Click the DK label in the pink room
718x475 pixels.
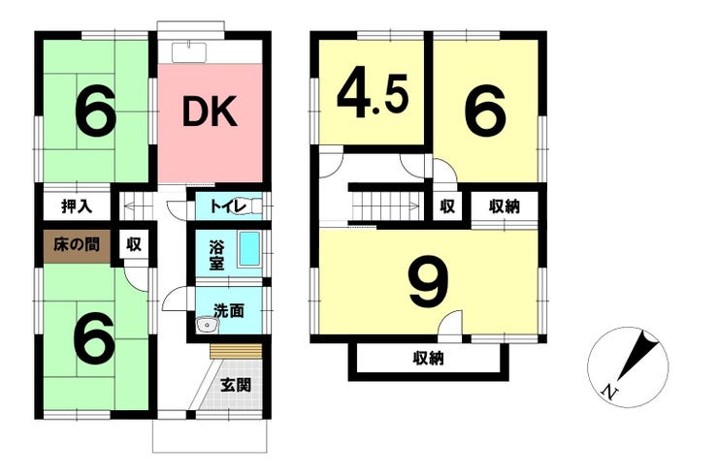[210, 111]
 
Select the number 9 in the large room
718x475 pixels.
[428, 280]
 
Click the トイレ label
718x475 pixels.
[228, 206]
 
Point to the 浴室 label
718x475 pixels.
[216, 256]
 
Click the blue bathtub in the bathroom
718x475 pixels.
[249, 249]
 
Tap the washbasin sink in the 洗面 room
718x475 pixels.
[208, 326]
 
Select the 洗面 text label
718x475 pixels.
[229, 311]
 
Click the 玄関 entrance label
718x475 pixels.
[236, 385]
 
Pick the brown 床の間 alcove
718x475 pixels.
[77, 245]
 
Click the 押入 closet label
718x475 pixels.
[77, 206]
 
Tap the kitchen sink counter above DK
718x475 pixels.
[189, 52]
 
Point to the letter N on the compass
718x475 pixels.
[608, 393]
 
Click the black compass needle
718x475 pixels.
[636, 355]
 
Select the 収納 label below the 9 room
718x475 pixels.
[428, 359]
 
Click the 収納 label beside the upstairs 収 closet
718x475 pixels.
[504, 206]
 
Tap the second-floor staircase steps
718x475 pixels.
[385, 206]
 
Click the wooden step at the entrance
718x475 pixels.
[237, 352]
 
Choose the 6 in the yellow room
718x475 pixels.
[485, 111]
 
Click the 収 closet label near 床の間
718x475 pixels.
[134, 245]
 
